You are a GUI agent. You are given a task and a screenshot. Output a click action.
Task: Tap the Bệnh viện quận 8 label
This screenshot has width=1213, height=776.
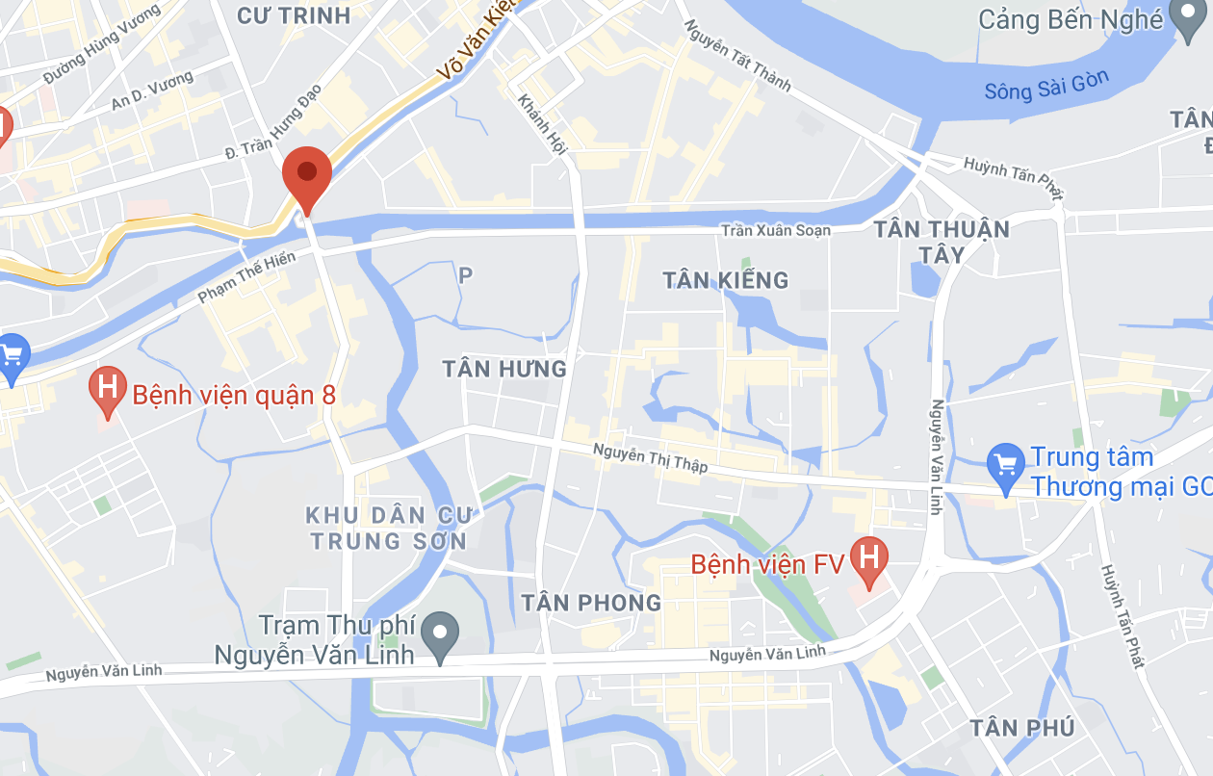[233, 395]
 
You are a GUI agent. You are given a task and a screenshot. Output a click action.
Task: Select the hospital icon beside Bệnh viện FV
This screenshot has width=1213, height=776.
[869, 559]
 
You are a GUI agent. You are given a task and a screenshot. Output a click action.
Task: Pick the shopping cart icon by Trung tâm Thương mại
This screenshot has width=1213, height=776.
[1005, 465]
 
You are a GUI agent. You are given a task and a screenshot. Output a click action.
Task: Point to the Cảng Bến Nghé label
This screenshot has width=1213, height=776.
[1071, 19]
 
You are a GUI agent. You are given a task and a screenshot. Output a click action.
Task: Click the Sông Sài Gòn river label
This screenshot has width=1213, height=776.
[1046, 87]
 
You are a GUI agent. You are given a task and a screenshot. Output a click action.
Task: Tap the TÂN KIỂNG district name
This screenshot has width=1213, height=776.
[726, 280]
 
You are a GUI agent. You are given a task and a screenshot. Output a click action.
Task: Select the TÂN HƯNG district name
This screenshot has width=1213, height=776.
[504, 369]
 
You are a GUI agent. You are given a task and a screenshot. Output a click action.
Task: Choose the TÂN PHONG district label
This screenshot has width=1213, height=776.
[591, 603]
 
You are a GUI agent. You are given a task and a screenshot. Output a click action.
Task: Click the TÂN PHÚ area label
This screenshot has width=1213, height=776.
[1022, 727]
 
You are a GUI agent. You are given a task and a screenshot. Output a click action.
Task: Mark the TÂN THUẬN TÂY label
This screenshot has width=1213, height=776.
[941, 242]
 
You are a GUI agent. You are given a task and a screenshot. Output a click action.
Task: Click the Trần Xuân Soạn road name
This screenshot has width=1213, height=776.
[776, 230]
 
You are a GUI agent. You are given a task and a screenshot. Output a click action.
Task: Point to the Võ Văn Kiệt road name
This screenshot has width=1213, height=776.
[477, 40]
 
